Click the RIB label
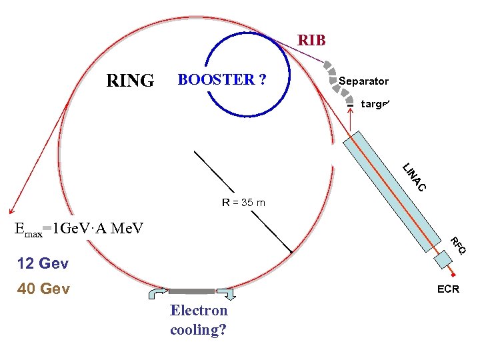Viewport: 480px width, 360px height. tap(311, 41)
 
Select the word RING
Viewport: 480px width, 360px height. tap(130, 81)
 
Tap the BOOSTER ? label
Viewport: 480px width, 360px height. tap(221, 80)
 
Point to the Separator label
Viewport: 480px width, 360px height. tap(363, 81)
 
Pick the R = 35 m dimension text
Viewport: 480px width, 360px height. tap(243, 202)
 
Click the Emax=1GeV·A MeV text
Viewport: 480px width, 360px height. tap(79, 229)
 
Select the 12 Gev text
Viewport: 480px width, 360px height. tap(43, 263)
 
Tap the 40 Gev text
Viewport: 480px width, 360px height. tap(43, 289)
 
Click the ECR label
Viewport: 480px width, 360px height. tap(447, 289)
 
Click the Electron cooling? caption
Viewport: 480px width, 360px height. tap(199, 320)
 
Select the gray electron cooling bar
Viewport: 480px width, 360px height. tap(192, 291)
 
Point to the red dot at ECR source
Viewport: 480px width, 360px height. tap(453, 275)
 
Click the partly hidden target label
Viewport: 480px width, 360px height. tap(374, 104)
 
